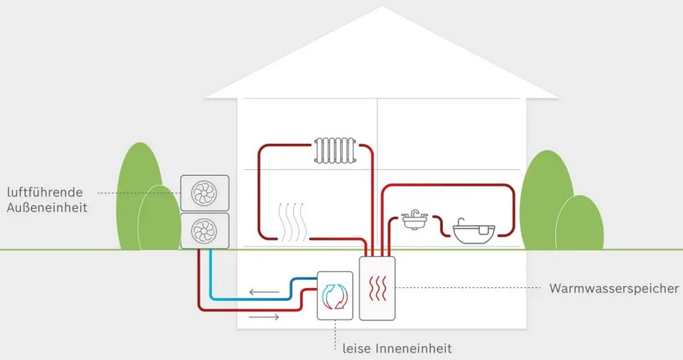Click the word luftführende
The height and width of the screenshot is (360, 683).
[46, 191]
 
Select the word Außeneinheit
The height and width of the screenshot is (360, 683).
[46, 207]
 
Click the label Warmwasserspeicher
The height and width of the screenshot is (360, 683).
[613, 288]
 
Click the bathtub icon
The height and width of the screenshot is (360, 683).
[474, 232]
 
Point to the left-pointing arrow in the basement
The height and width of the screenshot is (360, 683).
[262, 292]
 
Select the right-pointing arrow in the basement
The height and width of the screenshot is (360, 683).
[263, 317]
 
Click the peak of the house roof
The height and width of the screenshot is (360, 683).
[381, 9]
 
